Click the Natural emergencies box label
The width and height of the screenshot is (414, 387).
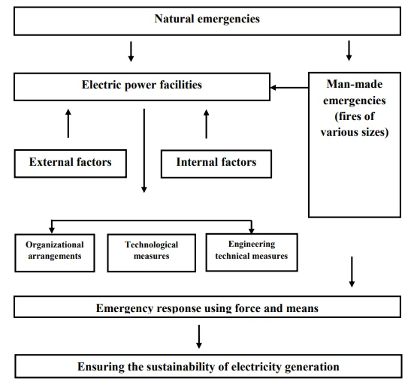(207, 19)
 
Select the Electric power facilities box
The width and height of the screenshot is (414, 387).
(142, 87)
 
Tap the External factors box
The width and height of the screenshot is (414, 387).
(70, 163)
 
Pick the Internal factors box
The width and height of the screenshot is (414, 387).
(216, 163)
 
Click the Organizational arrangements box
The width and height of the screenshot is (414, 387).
(55, 253)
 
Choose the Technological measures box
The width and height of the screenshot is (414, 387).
(152, 253)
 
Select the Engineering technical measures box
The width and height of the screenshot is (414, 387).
(252, 252)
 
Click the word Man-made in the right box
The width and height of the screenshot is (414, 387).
(355, 84)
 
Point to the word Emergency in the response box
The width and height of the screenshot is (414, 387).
(125, 308)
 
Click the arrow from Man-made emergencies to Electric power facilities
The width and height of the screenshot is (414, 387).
(289, 88)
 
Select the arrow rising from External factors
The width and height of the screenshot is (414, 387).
(68, 124)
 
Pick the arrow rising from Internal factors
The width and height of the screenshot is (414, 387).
(207, 124)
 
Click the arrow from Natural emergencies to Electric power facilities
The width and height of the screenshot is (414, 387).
(131, 52)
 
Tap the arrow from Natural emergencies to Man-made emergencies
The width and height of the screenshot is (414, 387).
(349, 50)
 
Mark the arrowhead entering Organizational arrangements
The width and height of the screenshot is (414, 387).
(52, 230)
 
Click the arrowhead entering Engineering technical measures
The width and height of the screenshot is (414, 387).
(252, 230)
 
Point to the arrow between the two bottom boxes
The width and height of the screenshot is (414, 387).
(199, 337)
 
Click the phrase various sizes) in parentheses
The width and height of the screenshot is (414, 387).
(355, 132)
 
